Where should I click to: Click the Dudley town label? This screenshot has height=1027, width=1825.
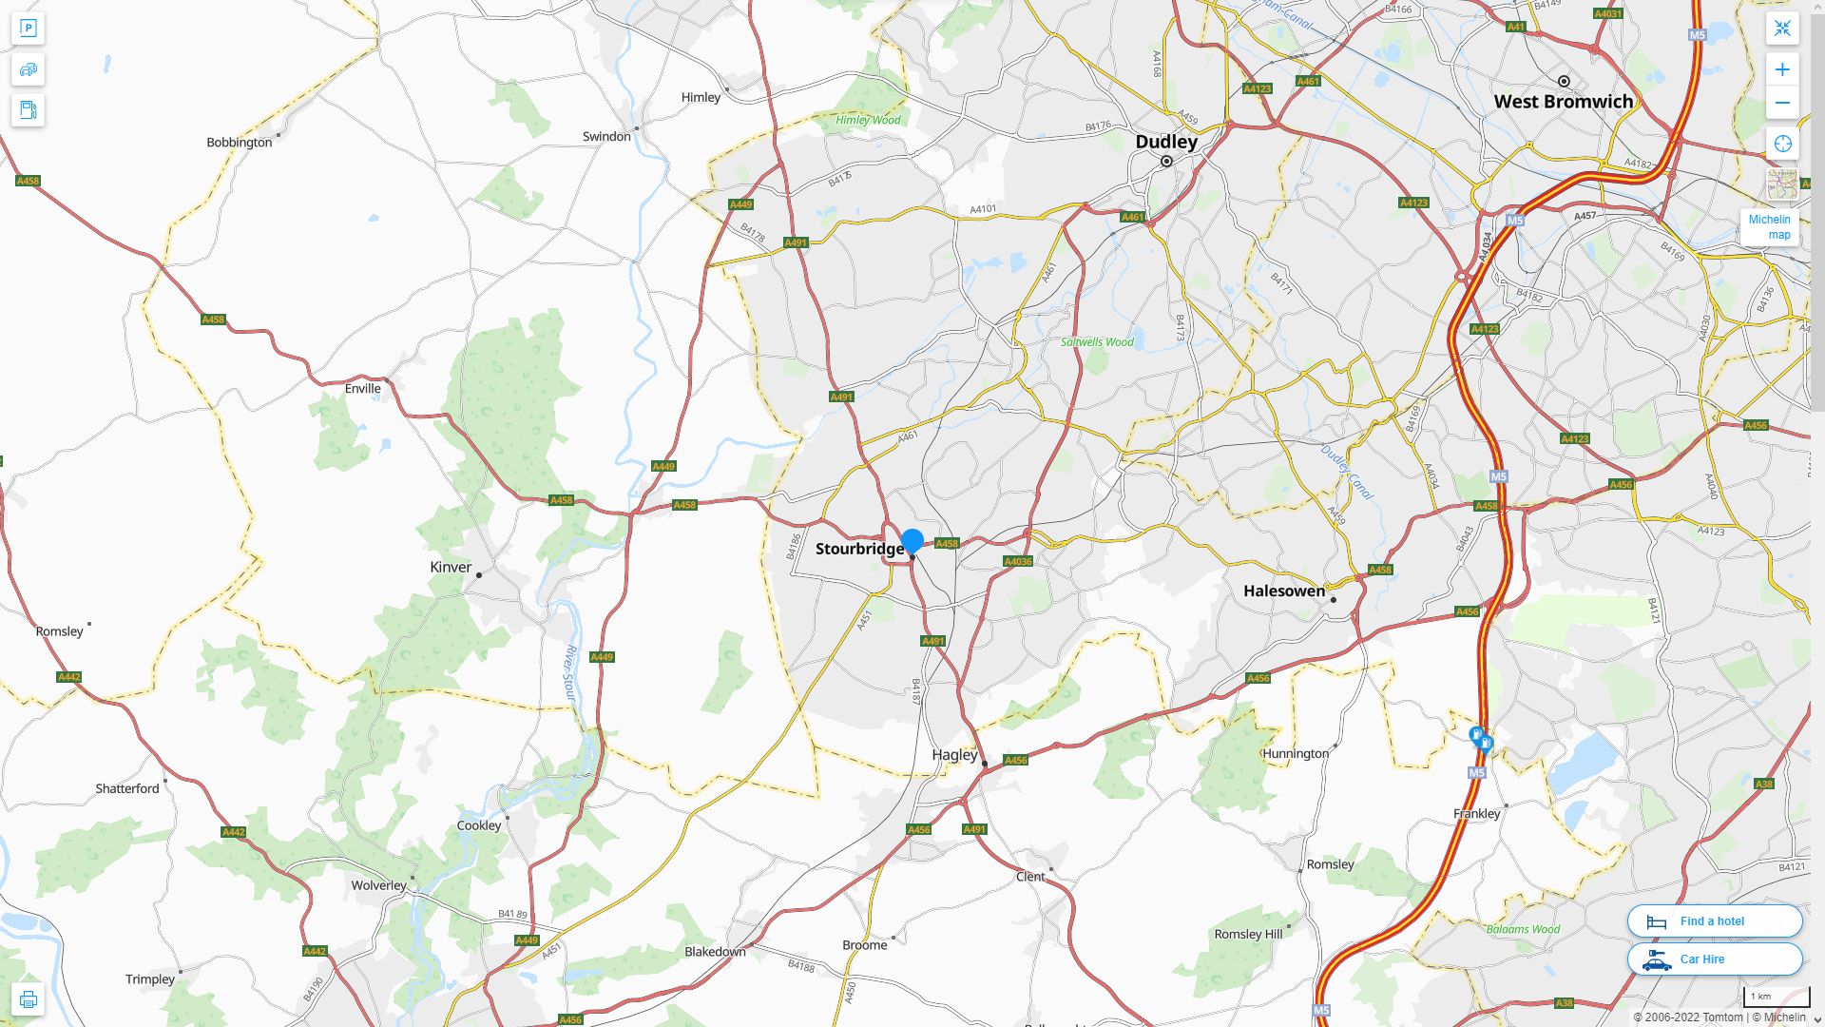[x=1166, y=142]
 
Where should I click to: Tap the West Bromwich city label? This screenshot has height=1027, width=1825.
[x=1563, y=102]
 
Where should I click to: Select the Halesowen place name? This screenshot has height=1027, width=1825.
[x=1283, y=591]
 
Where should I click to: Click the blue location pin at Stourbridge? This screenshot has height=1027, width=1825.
[x=912, y=541]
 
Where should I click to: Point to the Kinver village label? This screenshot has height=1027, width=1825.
[x=451, y=567]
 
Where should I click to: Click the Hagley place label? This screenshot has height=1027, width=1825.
[x=954, y=754]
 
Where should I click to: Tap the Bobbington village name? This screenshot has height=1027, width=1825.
[x=239, y=143]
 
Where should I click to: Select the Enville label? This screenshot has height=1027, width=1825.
[x=362, y=388]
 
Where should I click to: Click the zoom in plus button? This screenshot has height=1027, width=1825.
[x=1782, y=69]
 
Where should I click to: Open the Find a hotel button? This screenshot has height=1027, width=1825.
[x=1714, y=920]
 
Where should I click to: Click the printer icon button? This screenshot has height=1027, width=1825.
[x=28, y=998]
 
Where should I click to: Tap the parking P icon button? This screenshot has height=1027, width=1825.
[x=28, y=29]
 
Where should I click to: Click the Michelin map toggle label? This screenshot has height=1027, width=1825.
[x=1769, y=227]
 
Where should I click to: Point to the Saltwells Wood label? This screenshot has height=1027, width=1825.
[x=1097, y=342]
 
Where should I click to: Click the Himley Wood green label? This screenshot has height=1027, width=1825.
[x=867, y=120]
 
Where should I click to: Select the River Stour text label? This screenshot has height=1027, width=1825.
[x=570, y=673]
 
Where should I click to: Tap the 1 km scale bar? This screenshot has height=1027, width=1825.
[x=1775, y=998]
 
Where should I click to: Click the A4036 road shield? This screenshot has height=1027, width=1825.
[x=1017, y=561]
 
